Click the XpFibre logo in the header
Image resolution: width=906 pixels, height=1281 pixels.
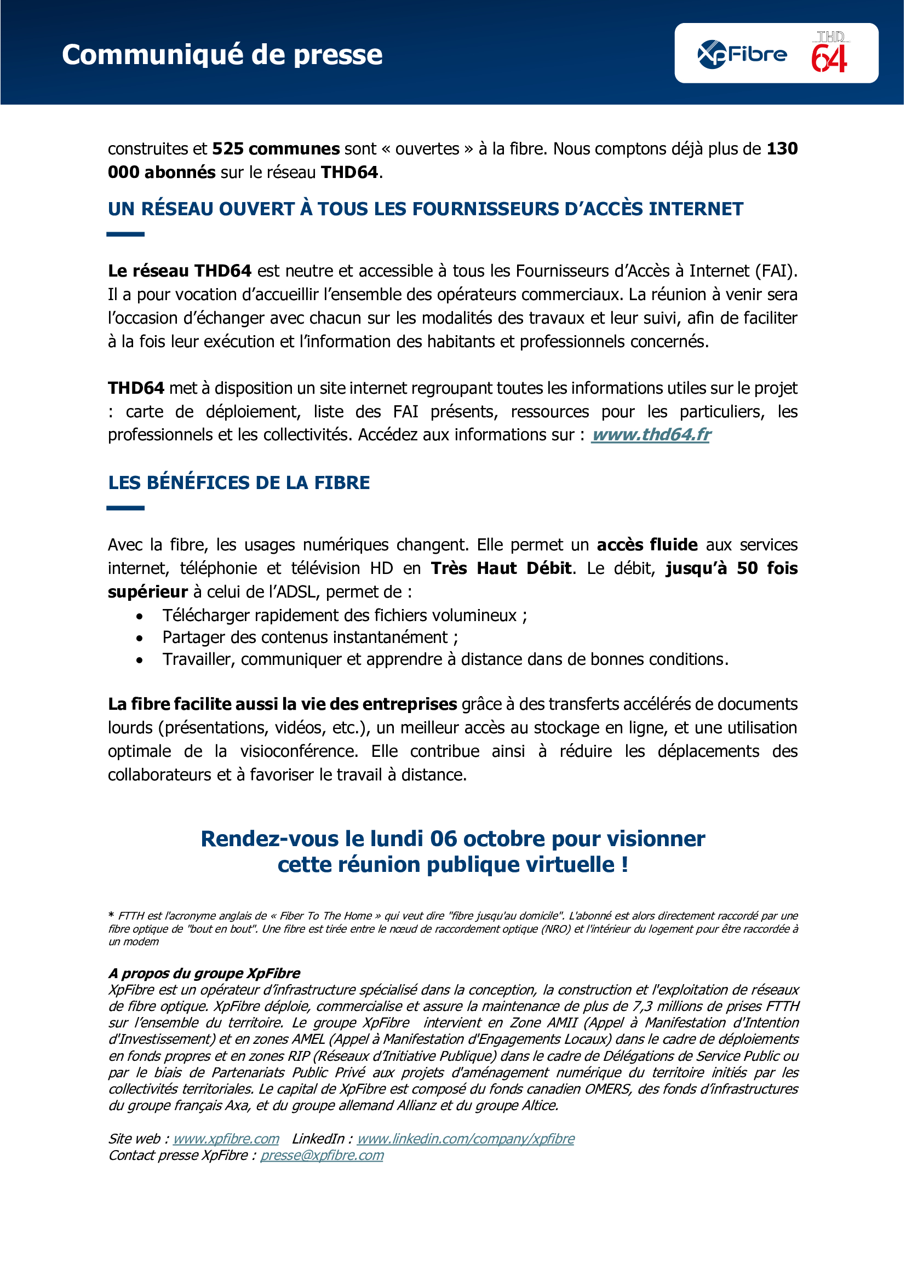point(742,55)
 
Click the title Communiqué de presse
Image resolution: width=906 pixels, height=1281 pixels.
point(222,55)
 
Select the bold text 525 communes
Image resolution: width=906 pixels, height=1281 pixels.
point(276,149)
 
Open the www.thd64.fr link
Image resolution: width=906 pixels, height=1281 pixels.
point(651,435)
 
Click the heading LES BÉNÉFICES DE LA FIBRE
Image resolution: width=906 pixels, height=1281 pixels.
point(239,482)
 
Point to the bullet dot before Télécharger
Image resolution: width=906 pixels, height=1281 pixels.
point(140,617)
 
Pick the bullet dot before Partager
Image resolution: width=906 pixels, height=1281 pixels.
point(140,638)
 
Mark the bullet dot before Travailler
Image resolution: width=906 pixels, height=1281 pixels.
point(140,660)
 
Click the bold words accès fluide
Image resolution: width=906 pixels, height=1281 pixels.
point(646,545)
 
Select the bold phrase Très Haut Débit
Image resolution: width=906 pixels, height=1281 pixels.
point(501,568)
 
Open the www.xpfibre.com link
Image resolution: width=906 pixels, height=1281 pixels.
point(226,1139)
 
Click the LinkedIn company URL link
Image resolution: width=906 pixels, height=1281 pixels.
point(465,1139)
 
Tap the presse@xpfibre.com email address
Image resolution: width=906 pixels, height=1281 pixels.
point(322,1156)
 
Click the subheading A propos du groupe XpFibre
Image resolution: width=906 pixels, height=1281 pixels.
point(204,974)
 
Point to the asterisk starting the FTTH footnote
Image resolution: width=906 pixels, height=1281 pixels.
point(112,915)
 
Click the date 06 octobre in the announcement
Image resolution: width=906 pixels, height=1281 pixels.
point(487,839)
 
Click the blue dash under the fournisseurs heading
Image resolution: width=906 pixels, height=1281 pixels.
point(125,234)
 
